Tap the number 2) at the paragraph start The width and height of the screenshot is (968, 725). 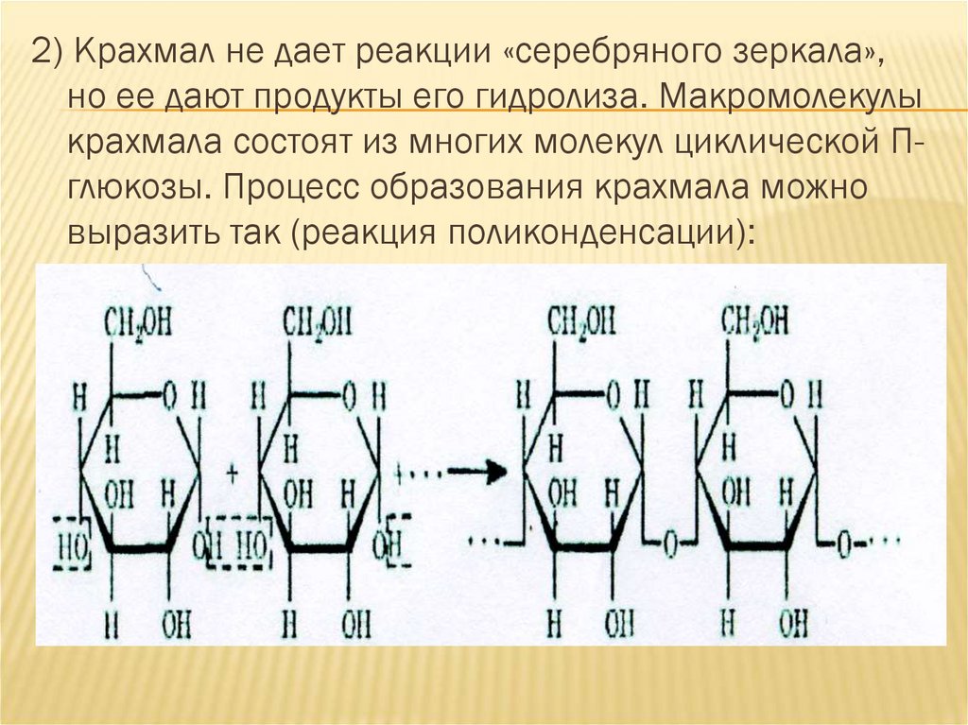pos(46,53)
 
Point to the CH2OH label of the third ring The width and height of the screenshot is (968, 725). pos(582,323)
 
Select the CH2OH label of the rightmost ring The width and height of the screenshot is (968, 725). pos(755,323)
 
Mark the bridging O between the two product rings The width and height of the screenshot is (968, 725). pos(670,544)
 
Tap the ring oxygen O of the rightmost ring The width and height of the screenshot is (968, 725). pos(788,392)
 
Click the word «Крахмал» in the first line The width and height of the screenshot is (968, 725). pos(140,53)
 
